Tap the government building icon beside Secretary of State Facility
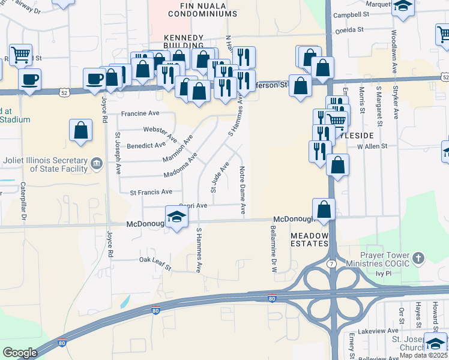pyautogui.click(x=95, y=163)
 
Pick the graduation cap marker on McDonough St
pyautogui.click(x=176, y=217)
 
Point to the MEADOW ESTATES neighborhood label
pyautogui.click(x=310, y=240)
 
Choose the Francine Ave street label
pyautogui.click(x=140, y=113)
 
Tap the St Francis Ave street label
pyautogui.click(x=151, y=192)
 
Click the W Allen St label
pyautogui.click(x=372, y=146)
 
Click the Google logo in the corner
pyautogui.click(x=20, y=353)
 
